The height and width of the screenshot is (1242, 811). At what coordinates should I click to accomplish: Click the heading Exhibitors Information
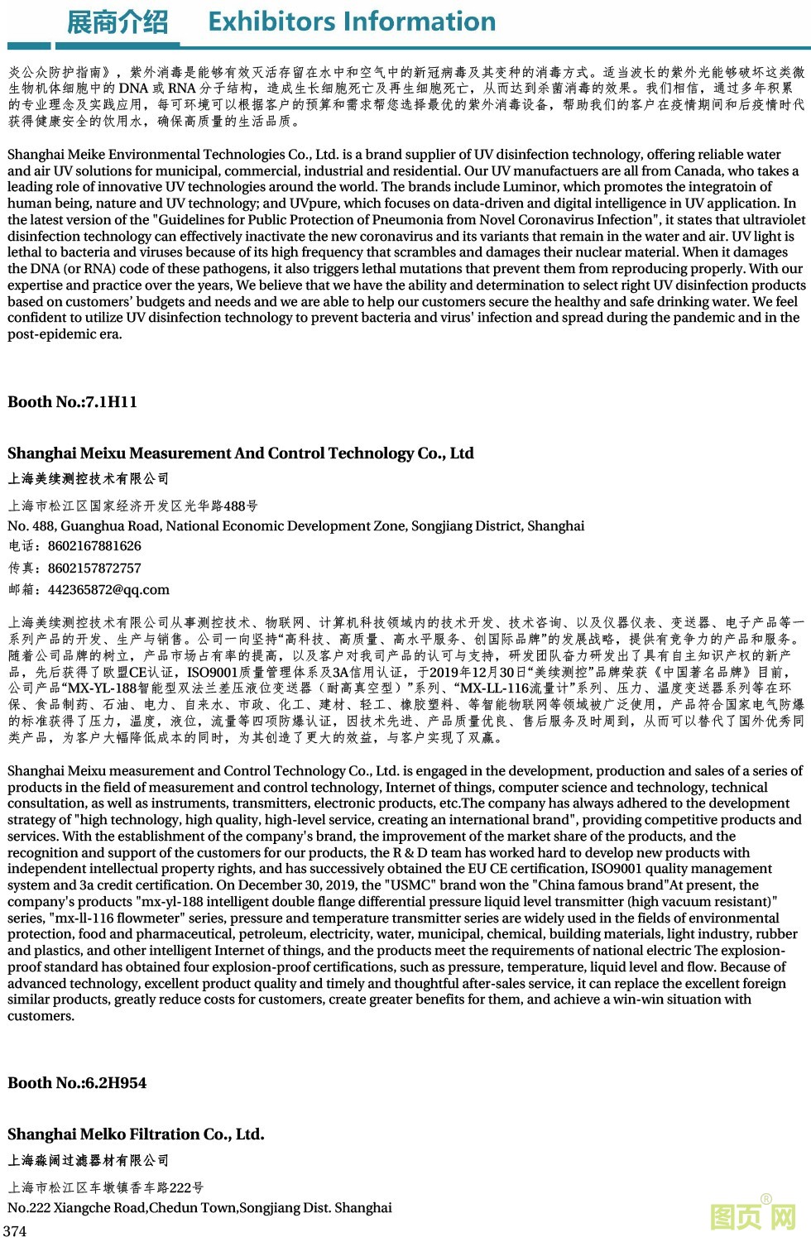click(352, 22)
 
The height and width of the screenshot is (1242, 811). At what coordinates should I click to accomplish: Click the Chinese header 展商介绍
click(117, 22)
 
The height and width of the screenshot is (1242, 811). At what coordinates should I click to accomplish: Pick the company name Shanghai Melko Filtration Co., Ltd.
click(136, 1134)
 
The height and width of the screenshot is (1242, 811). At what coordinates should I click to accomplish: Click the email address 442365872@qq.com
click(108, 590)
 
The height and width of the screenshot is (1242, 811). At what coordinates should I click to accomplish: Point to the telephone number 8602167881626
click(94, 546)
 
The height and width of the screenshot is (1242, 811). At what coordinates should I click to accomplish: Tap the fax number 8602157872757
click(94, 568)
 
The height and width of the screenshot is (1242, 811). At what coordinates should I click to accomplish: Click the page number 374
click(15, 1231)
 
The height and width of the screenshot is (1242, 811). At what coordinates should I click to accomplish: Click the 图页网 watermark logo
click(753, 1216)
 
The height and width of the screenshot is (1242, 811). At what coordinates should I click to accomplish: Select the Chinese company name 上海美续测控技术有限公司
click(89, 479)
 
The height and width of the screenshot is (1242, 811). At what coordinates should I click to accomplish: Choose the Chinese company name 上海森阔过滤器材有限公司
click(89, 1161)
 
